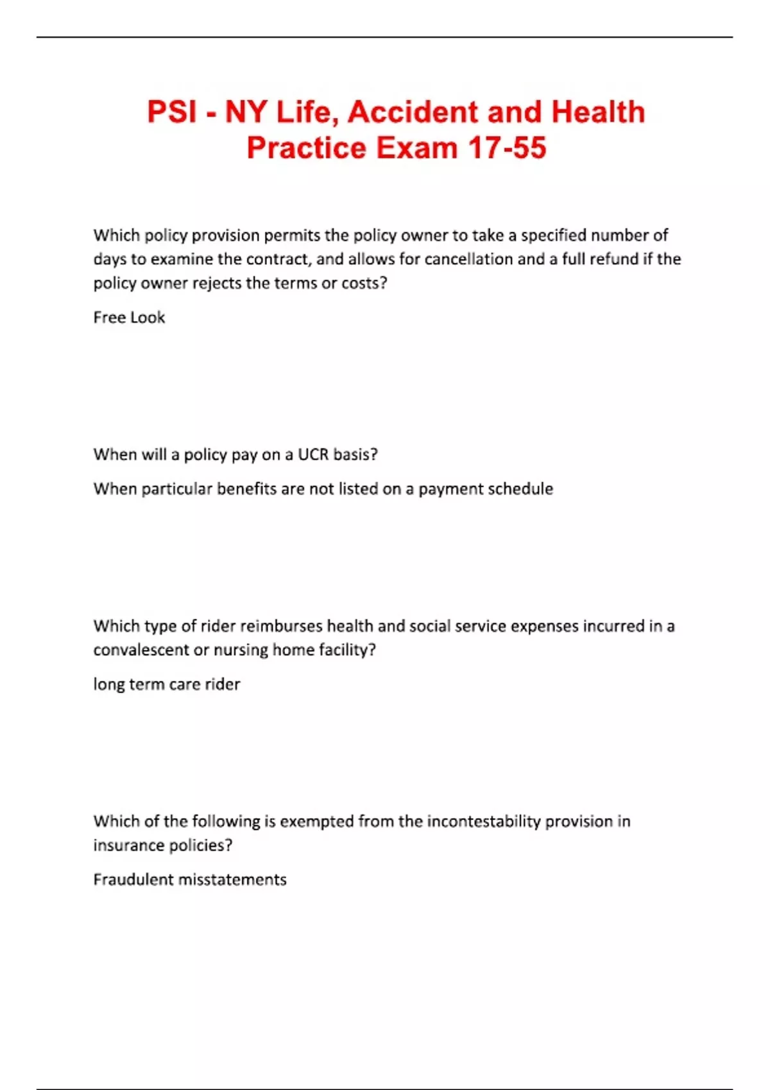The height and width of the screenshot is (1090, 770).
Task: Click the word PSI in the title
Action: click(172, 112)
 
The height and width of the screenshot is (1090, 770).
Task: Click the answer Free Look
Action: click(129, 317)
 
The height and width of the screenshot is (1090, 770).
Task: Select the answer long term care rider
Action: click(167, 684)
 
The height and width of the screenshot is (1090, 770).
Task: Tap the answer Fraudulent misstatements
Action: click(190, 880)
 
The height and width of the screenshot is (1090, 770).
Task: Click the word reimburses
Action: click(281, 626)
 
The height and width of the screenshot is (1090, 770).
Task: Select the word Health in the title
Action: click(598, 112)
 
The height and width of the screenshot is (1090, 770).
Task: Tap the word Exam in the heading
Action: click(416, 148)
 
